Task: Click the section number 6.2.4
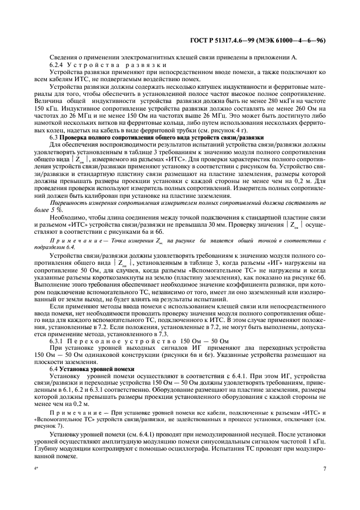[58, 64]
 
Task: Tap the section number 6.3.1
[59, 341]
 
